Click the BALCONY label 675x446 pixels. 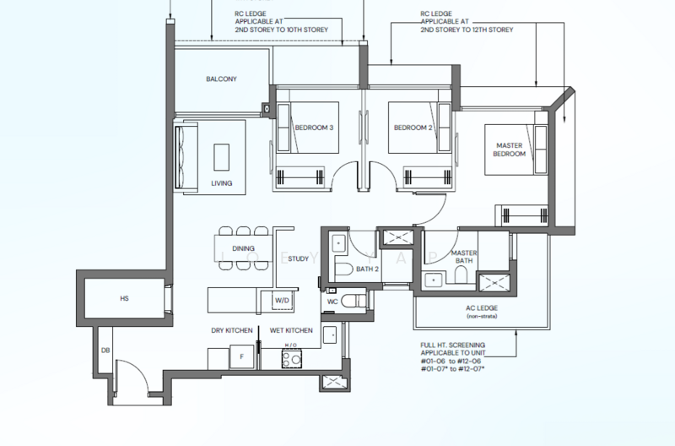coord(221,79)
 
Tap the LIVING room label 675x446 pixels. coord(222,183)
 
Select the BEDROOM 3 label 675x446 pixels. coord(314,128)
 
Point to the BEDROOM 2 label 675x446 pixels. coord(413,128)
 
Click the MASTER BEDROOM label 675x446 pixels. coord(510,150)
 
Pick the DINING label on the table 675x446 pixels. coord(243,248)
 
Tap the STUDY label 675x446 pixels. coord(299,258)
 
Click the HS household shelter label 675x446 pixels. coord(124,298)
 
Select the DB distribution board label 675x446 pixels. coord(105,351)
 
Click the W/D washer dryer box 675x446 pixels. coord(282,301)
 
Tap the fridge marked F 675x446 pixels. coord(241,356)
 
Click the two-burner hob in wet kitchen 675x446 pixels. coord(291,358)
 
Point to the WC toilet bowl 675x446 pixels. coord(354,301)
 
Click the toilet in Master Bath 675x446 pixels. coord(461,274)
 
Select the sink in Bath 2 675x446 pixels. coord(339,243)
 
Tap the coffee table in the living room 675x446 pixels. coord(221,157)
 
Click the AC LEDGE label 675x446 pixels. coord(482,308)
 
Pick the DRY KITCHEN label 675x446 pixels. coord(231,330)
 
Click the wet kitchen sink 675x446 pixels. coord(330,335)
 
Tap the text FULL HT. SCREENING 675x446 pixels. coord(453,345)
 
